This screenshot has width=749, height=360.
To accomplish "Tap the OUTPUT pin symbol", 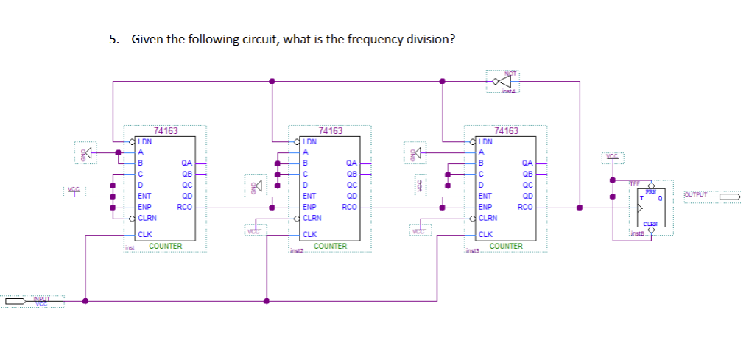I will [730, 197].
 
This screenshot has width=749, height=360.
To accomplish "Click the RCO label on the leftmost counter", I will [185, 208].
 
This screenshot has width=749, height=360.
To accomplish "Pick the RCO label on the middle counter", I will [350, 208].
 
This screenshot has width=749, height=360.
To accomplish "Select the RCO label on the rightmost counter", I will [525, 208].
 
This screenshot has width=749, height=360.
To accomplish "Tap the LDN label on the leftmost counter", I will [146, 141].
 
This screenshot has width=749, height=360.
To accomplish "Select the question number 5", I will [113, 39].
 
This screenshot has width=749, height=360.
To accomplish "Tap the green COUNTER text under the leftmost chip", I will [165, 246].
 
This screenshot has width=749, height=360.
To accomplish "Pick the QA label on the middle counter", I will [351, 163].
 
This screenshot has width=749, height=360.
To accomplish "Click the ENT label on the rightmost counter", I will [485, 197].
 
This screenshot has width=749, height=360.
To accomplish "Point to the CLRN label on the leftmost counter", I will [147, 218].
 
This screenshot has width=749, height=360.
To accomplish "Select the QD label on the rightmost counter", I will [527, 197].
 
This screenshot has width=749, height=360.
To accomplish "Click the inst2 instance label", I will [298, 252].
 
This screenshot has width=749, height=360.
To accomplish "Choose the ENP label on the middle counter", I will [311, 208].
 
